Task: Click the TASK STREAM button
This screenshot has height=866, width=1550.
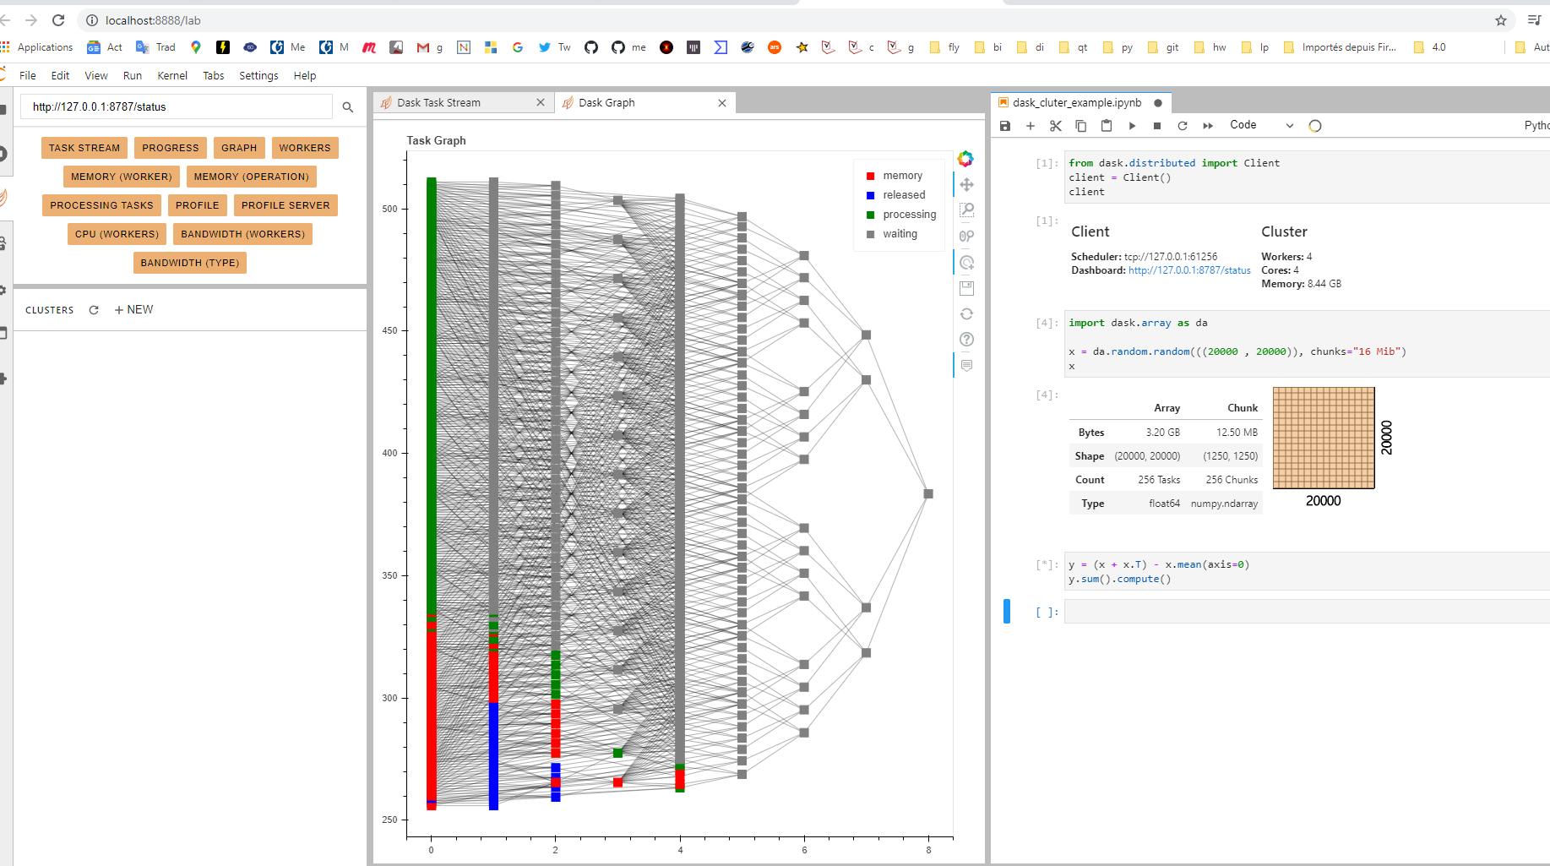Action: (x=84, y=148)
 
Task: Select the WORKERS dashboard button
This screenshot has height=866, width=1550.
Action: (x=305, y=148)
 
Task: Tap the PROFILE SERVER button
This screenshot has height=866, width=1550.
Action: (x=286, y=205)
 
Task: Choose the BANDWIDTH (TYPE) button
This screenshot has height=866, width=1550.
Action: (x=190, y=263)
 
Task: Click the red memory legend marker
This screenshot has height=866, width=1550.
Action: (x=870, y=176)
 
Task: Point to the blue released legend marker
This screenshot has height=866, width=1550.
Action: (x=870, y=195)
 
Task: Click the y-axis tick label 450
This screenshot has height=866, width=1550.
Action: (x=389, y=330)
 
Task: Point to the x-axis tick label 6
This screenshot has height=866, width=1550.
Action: (x=804, y=850)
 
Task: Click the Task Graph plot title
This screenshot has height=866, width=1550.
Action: (x=436, y=140)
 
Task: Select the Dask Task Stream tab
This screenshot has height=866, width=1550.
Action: (x=439, y=103)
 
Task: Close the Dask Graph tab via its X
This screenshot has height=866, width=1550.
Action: (x=722, y=103)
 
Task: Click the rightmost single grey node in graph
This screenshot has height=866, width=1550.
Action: (x=928, y=493)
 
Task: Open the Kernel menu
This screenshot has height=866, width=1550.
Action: (x=172, y=76)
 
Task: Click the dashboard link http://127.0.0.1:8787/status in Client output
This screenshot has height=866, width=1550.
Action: (x=1189, y=270)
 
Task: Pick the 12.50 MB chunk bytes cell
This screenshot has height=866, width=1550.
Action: (x=1237, y=433)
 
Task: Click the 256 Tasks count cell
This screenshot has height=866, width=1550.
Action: (x=1159, y=480)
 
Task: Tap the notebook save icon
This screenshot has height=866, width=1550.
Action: (x=1005, y=126)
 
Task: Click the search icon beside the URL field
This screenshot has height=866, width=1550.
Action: (x=348, y=107)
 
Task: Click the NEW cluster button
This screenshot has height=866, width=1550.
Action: (x=134, y=310)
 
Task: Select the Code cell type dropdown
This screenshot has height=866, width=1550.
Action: (x=1261, y=125)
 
